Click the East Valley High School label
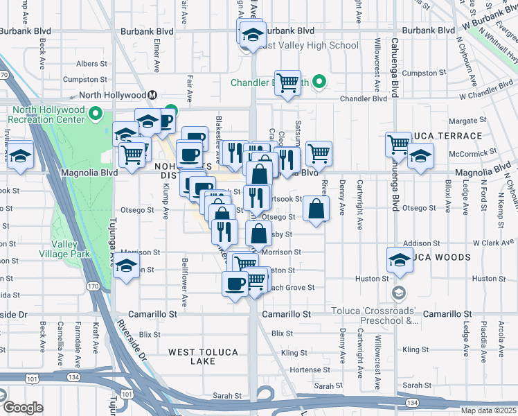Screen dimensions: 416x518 (309, 46)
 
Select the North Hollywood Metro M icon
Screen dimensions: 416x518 (151, 95)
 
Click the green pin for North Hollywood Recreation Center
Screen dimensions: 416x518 (96, 114)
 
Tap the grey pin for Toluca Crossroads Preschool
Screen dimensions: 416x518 (398, 293)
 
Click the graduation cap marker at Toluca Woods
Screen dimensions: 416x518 (400, 260)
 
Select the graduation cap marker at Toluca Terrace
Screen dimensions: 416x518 (420, 157)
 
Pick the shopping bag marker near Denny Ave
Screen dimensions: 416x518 (316, 209)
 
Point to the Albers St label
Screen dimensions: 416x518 (91, 64)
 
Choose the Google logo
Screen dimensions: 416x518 (23, 408)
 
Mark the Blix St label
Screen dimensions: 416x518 (283, 333)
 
